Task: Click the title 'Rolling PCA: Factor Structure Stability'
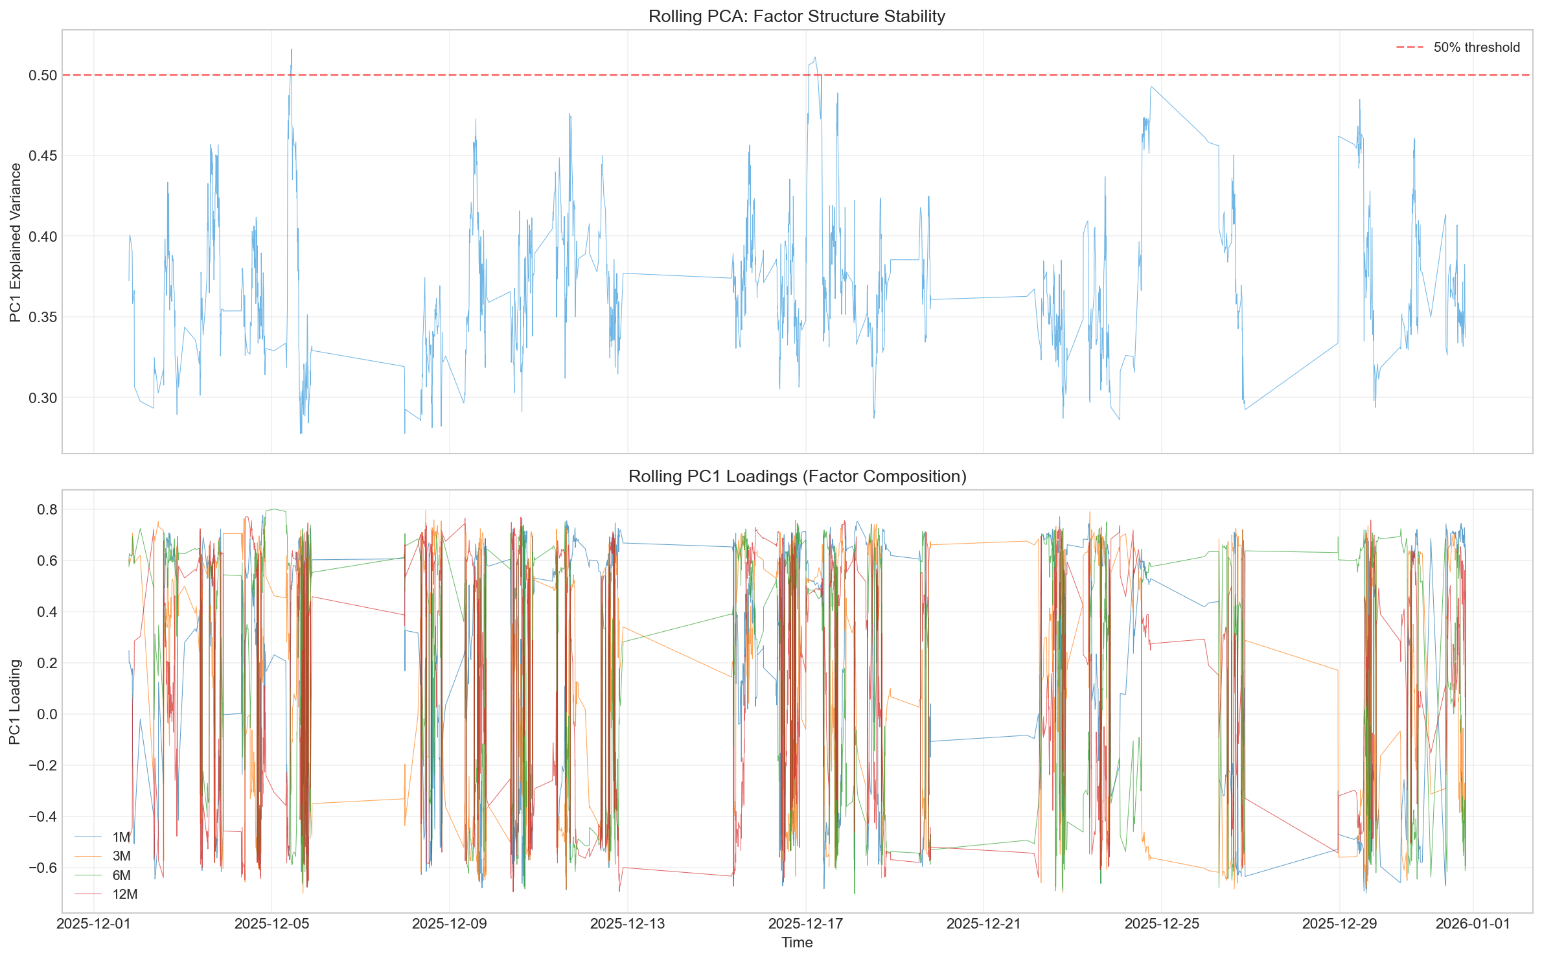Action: tap(796, 16)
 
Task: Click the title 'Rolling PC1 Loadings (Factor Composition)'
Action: tap(797, 476)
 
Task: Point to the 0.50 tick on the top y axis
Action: tap(43, 75)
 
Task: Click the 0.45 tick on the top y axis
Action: tap(43, 156)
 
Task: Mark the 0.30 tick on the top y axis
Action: tap(43, 398)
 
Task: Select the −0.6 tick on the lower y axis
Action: tap(43, 868)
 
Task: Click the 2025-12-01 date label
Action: tap(94, 923)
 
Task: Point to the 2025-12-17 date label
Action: tap(805, 923)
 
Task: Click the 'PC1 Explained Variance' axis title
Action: tap(16, 242)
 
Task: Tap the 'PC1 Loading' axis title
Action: tap(16, 702)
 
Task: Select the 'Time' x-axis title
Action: tap(797, 943)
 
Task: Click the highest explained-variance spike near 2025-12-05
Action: tap(291, 50)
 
